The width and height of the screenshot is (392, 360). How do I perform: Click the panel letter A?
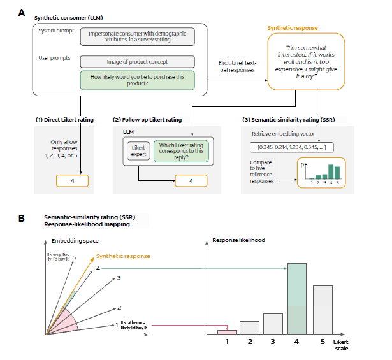(22, 12)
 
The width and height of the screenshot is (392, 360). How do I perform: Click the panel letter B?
(22, 219)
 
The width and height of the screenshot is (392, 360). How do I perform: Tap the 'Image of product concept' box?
(137, 62)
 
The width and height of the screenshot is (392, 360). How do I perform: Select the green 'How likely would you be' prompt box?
(137, 81)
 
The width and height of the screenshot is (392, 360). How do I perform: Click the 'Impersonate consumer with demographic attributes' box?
(137, 36)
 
